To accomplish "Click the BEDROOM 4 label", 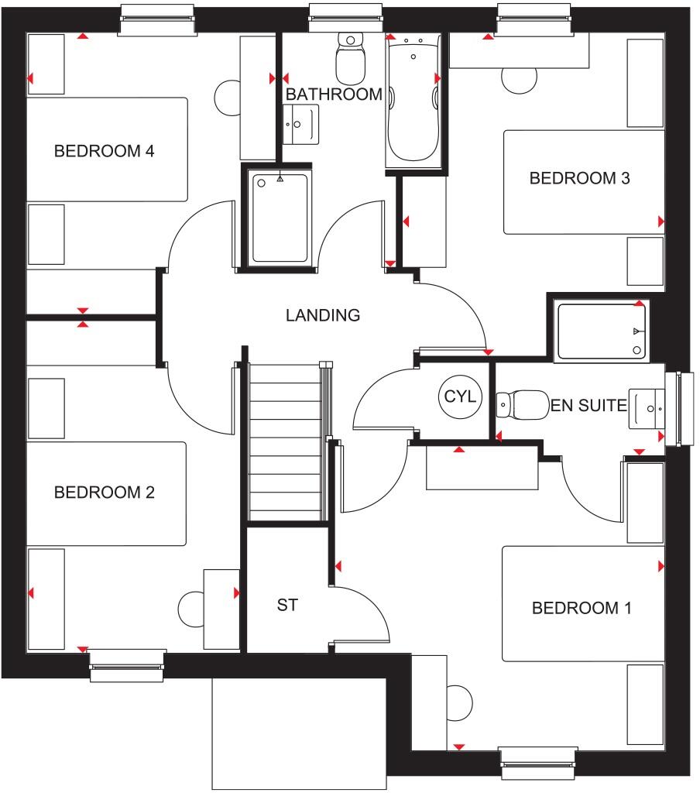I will click(x=104, y=151).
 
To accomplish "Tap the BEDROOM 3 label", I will click(x=579, y=179).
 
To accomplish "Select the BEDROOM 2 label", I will click(x=104, y=493).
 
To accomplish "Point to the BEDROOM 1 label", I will click(x=582, y=609).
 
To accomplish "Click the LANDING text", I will click(x=323, y=316).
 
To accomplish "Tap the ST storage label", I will click(x=287, y=606).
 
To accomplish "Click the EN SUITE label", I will click(x=588, y=404).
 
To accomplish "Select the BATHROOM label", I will click(x=334, y=94).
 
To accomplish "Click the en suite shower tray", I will click(x=602, y=331).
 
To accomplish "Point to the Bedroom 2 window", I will click(x=128, y=665).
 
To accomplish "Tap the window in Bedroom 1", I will click(x=538, y=762).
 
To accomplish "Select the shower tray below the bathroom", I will click(x=279, y=218).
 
